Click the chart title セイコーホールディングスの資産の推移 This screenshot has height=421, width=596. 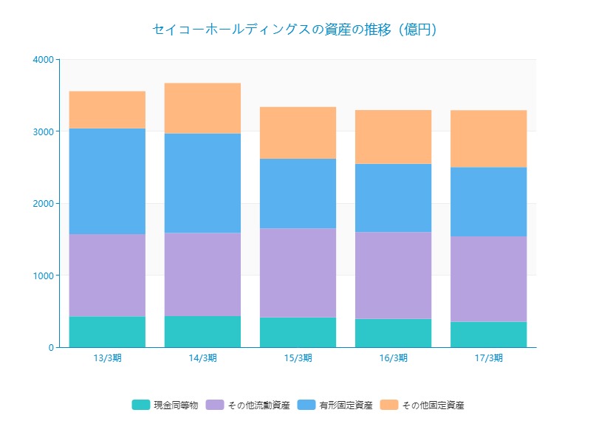(295, 30)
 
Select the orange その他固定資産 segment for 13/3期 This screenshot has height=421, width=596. (107, 109)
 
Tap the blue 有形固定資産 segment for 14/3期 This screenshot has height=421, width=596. (202, 183)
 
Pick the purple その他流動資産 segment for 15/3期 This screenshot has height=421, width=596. (298, 273)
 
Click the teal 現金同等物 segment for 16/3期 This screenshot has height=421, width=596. (393, 333)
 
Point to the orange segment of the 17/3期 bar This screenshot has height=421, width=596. (489, 138)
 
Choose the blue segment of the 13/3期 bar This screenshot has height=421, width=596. (107, 181)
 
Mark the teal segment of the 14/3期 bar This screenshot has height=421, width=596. (202, 332)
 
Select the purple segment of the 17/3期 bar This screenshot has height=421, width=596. (489, 279)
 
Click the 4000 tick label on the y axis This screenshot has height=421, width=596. (43, 59)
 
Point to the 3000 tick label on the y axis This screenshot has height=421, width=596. (43, 131)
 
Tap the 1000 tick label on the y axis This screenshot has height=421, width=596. (43, 275)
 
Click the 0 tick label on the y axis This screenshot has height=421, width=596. (49, 348)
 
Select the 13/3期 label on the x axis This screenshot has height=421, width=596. (107, 358)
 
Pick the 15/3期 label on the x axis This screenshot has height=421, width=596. (298, 358)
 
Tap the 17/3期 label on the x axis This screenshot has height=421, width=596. (489, 358)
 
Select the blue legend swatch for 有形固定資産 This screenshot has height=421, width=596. (306, 405)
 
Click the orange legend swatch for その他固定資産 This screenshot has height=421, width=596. (389, 405)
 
